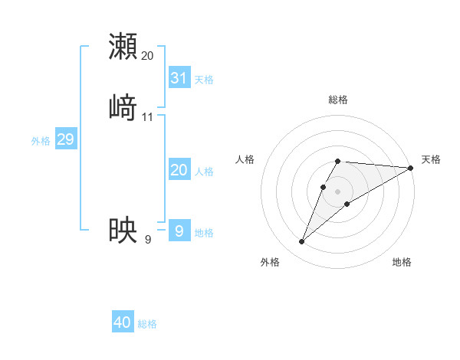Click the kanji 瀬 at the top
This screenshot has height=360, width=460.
(x=123, y=46)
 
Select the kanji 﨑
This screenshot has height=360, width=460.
(x=123, y=107)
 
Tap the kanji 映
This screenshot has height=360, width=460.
(x=123, y=230)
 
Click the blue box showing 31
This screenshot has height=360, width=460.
(x=179, y=77)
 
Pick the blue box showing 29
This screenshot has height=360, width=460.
(x=65, y=139)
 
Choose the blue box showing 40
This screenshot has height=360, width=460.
(x=123, y=322)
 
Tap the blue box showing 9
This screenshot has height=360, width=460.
(x=179, y=230)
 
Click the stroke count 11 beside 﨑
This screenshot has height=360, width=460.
(x=148, y=117)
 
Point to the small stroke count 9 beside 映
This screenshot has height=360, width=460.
(x=148, y=240)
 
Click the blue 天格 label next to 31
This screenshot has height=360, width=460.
(x=204, y=79)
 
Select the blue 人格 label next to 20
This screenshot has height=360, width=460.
(x=204, y=172)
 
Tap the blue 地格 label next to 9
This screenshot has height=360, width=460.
(x=204, y=232)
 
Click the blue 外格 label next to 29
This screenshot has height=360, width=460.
(x=41, y=141)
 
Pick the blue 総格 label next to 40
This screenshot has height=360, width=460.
(x=147, y=324)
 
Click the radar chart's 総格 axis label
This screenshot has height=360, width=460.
(x=338, y=100)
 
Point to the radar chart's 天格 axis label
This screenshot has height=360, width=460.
(x=431, y=159)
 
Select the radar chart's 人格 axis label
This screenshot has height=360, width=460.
(x=245, y=159)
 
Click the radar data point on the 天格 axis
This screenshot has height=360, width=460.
(x=411, y=168)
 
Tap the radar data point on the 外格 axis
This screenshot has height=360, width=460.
(x=301, y=242)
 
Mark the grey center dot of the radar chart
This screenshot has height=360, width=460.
(x=338, y=191)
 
